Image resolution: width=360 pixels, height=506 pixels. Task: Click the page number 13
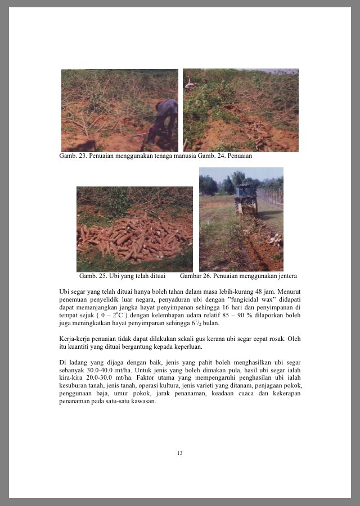pyautogui.click(x=179, y=453)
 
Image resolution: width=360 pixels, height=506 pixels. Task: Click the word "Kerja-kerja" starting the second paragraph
pyautogui.click(x=73, y=339)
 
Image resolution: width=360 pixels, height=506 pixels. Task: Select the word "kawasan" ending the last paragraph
pyautogui.click(x=142, y=402)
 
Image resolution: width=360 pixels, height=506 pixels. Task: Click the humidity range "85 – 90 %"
pyautogui.click(x=221, y=316)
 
